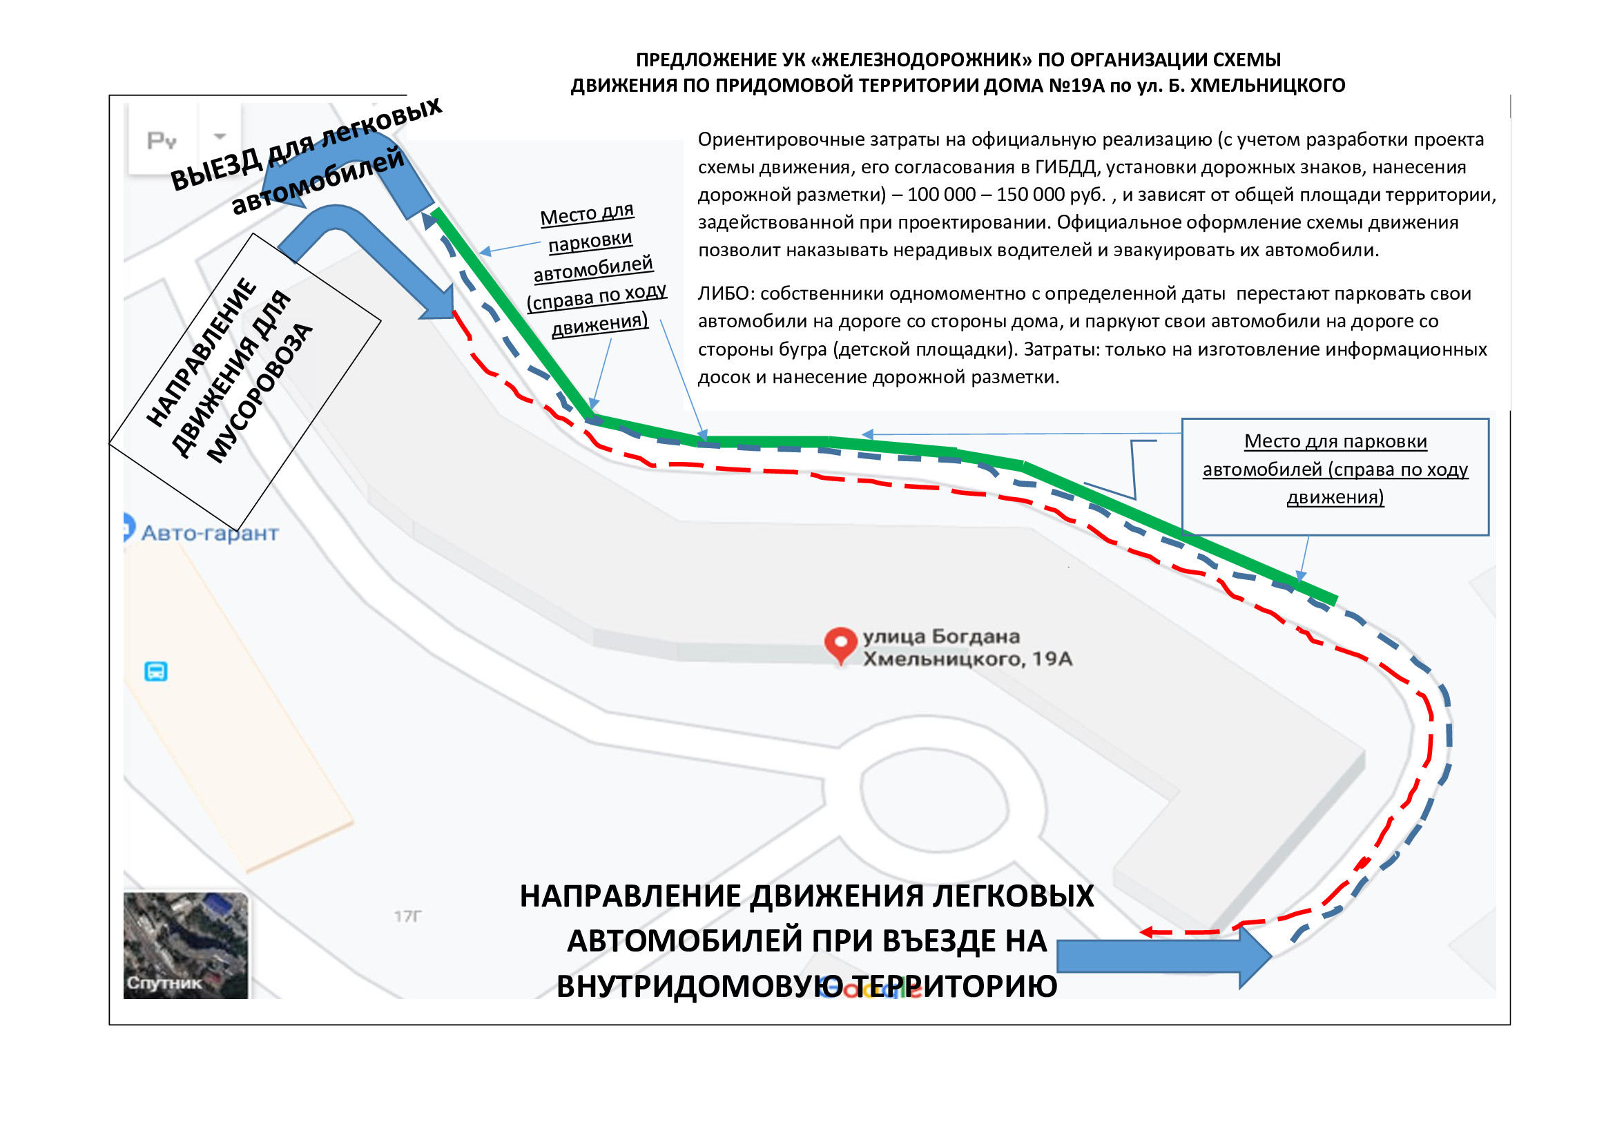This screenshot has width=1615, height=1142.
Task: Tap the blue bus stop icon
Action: click(155, 672)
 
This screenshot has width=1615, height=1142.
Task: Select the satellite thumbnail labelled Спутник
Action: click(186, 946)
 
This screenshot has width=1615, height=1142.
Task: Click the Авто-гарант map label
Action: click(210, 533)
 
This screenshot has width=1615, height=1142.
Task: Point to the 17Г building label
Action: click(408, 916)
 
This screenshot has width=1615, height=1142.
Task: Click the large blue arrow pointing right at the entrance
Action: click(1164, 957)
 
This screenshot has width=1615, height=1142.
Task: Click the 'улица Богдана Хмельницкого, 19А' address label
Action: click(967, 647)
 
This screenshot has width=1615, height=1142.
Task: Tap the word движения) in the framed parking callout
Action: click(1335, 497)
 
